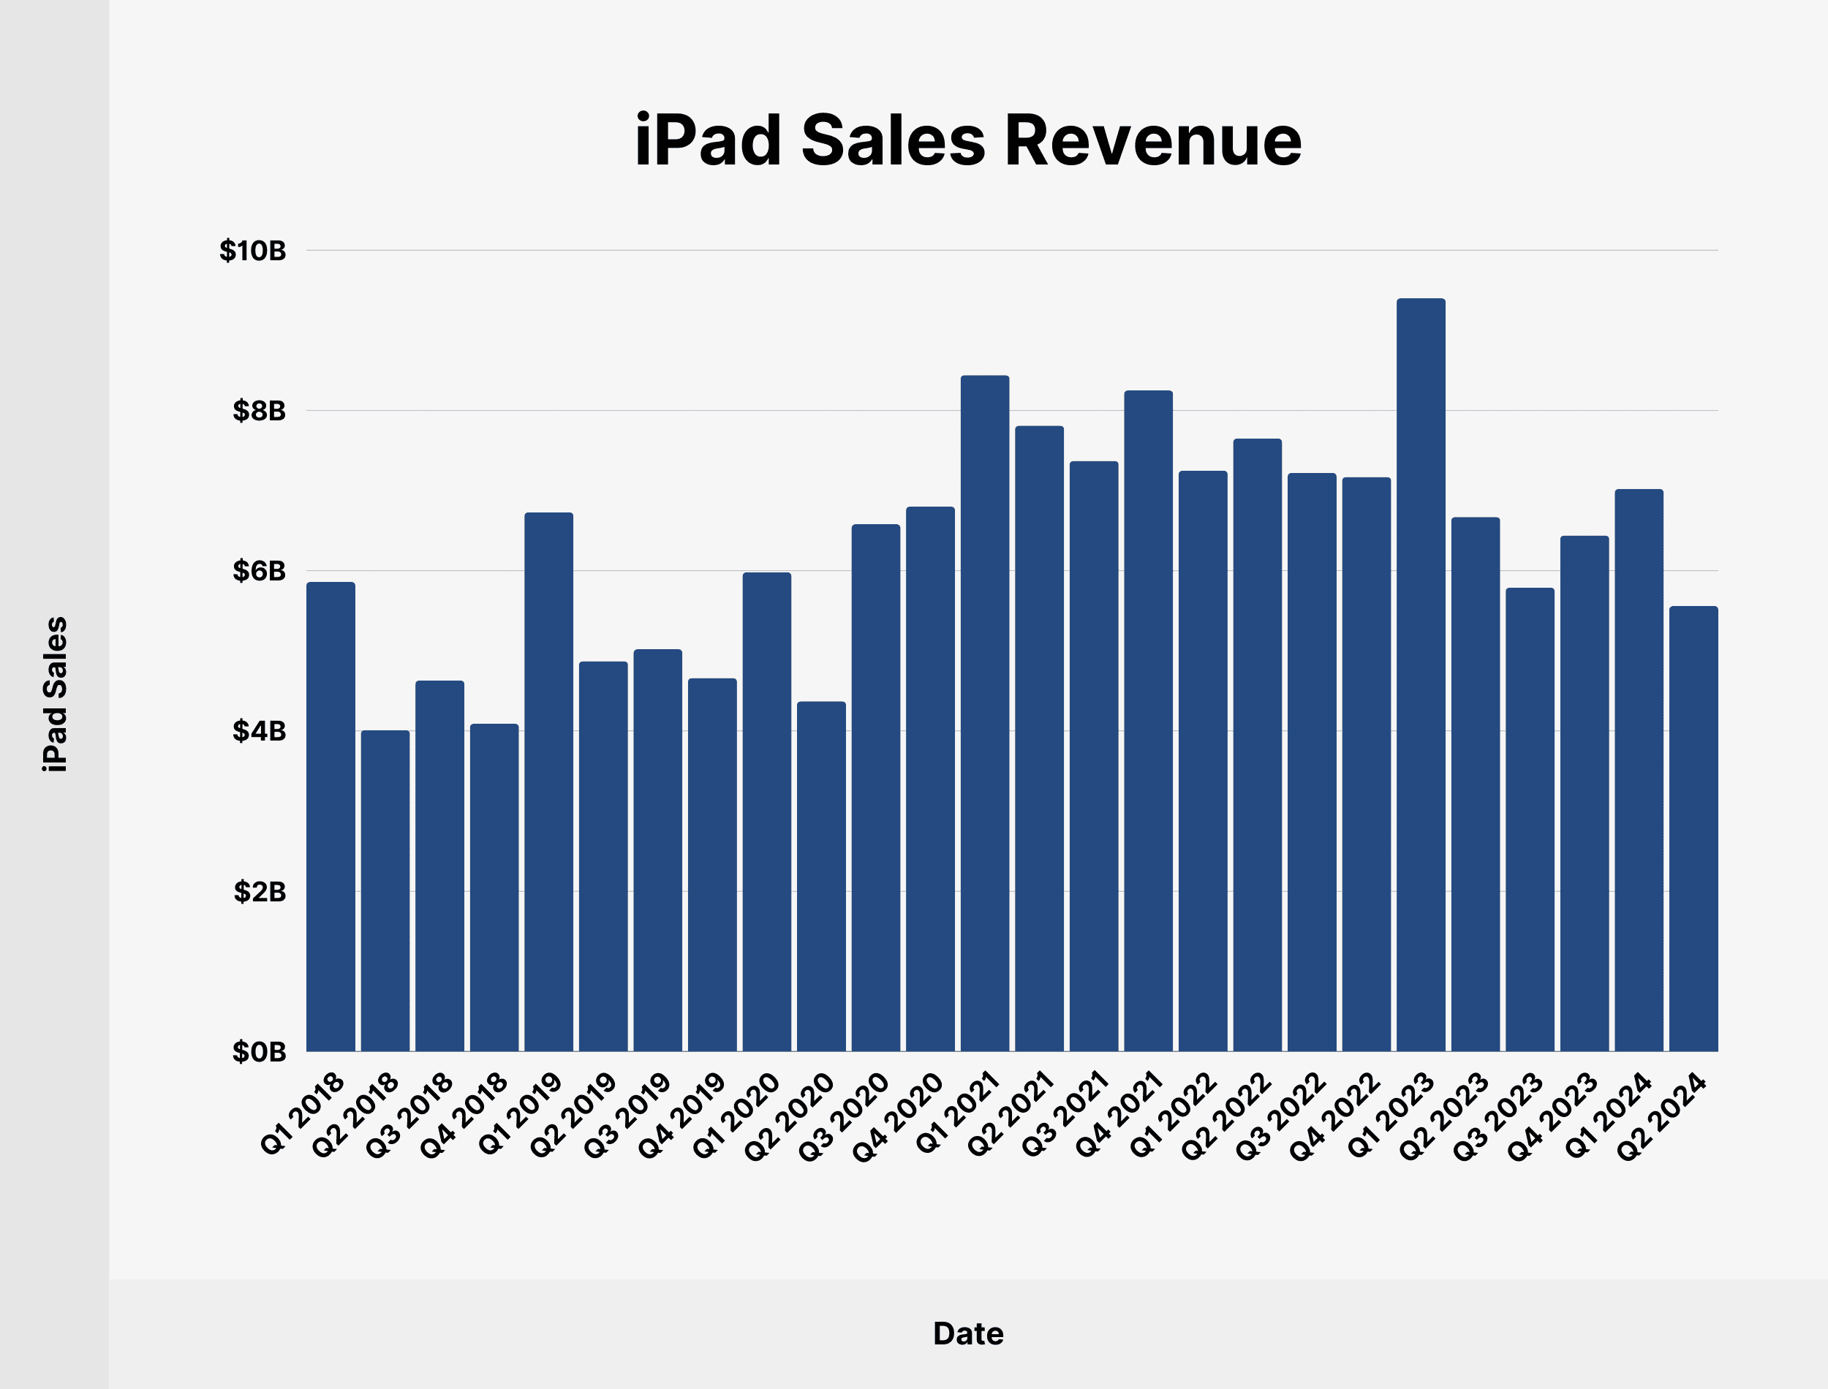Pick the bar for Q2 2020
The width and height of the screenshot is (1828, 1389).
pyautogui.click(x=821, y=877)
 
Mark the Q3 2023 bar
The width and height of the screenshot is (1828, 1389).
pyautogui.click(x=1530, y=820)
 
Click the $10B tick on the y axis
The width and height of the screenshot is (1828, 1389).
pyautogui.click(x=252, y=251)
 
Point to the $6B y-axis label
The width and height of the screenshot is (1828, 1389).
pyautogui.click(x=259, y=570)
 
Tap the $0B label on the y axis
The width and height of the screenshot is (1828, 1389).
pyautogui.click(x=259, y=1052)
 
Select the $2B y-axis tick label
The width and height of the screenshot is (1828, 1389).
pyautogui.click(x=259, y=891)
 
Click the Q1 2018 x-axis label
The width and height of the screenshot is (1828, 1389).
pyautogui.click(x=303, y=1113)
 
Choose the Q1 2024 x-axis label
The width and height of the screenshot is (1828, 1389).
pyautogui.click(x=1608, y=1113)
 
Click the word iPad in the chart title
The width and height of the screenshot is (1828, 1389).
pyautogui.click(x=708, y=140)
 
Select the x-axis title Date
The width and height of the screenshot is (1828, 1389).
pyautogui.click(x=967, y=1333)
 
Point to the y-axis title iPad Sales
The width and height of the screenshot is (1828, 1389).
pyautogui.click(x=56, y=694)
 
